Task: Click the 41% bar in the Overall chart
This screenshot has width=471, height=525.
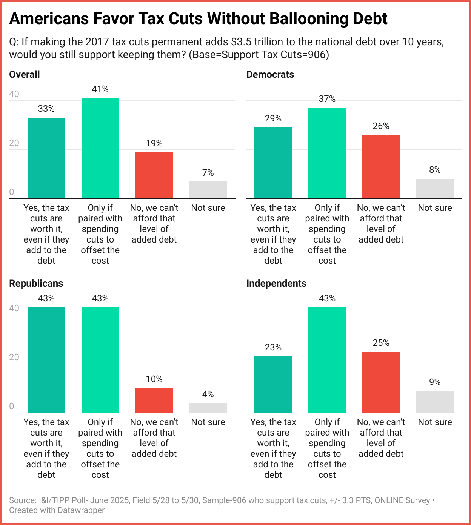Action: pyautogui.click(x=100, y=148)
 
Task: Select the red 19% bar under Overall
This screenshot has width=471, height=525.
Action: pyautogui.click(x=154, y=175)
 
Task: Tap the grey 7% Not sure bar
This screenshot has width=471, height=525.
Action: pyautogui.click(x=208, y=190)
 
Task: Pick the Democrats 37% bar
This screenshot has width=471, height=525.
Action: pyautogui.click(x=327, y=153)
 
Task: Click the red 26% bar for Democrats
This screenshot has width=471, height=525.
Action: pyautogui.click(x=381, y=167)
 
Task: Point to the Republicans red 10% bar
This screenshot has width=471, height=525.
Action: pyautogui.click(x=154, y=401)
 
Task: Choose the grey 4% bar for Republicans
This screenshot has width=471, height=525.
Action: pyautogui.click(x=208, y=408)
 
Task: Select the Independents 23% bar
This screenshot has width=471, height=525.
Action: pyautogui.click(x=273, y=385)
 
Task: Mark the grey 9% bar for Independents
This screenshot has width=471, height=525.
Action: pyautogui.click(x=435, y=402)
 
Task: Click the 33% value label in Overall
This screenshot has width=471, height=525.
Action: pyautogui.click(x=46, y=109)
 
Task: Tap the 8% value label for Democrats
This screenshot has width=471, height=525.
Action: pyautogui.click(x=435, y=170)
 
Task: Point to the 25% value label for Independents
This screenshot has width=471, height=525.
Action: pyautogui.click(x=381, y=343)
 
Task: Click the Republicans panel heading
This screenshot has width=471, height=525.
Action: pyautogui.click(x=36, y=284)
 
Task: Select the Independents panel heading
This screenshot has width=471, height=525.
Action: pyautogui.click(x=276, y=284)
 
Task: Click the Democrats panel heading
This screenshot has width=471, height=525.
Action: pyautogui.click(x=270, y=75)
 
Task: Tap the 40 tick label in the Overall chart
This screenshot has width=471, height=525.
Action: pyautogui.click(x=14, y=94)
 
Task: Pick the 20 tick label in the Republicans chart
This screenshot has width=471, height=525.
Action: pyautogui.click(x=14, y=357)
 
